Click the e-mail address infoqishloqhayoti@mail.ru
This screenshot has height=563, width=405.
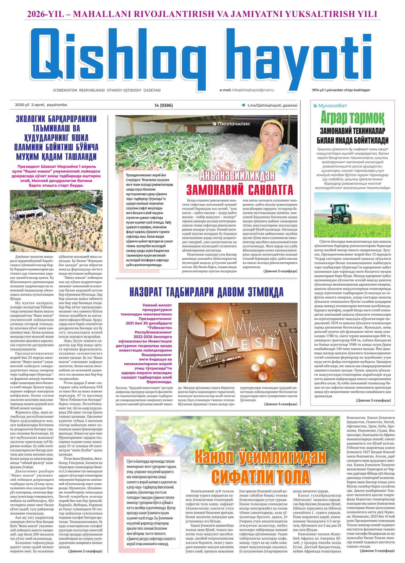point(253,90)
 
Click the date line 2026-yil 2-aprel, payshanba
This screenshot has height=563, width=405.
point(39,105)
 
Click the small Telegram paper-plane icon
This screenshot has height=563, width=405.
point(243,105)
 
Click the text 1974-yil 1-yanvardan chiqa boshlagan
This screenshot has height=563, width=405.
point(341,90)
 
